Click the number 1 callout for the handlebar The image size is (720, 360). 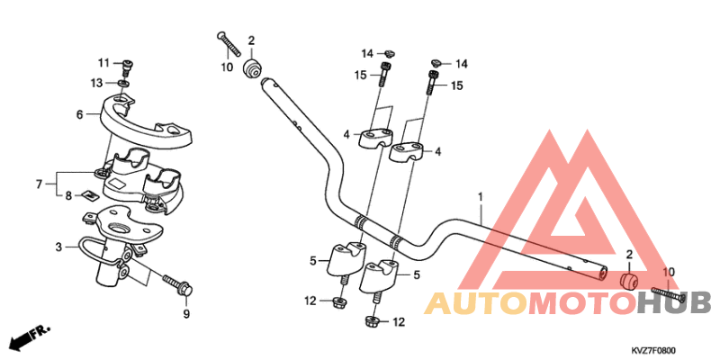pos(481,197)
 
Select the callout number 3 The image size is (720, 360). pos(58,247)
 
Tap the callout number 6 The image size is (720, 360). pos(80,114)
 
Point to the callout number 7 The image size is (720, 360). pos(39,184)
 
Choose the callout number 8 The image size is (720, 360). pos(68,196)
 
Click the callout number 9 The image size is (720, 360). pos(186,314)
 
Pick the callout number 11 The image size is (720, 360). pos(103,63)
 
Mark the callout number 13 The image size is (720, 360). pos(96,83)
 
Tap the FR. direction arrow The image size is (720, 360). pos(31,337)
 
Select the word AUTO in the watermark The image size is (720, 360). pos(476,303)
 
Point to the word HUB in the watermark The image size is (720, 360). pos(673,303)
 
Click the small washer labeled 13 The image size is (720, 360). pos(122,84)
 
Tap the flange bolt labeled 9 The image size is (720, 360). pos(178,283)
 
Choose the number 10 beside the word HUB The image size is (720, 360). pos(669,273)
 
